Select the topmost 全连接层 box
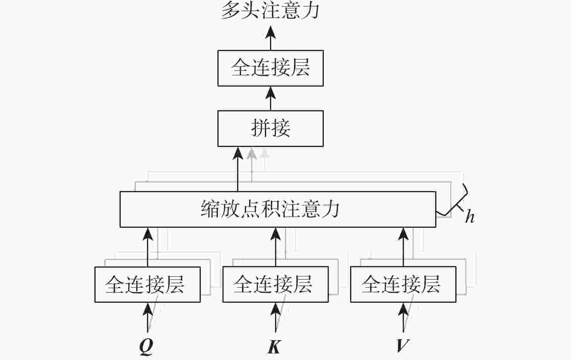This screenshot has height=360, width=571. (x=270, y=68)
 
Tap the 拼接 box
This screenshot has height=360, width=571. (x=270, y=128)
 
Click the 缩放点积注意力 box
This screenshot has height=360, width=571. (x=277, y=209)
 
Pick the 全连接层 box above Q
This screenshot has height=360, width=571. (x=147, y=284)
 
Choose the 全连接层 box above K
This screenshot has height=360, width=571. (x=275, y=284)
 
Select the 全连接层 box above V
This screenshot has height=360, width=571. (x=403, y=284)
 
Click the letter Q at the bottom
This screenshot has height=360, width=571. (x=146, y=346)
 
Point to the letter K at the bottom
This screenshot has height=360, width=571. (x=274, y=346)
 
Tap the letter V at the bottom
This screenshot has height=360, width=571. (x=402, y=345)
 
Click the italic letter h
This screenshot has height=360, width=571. (x=470, y=217)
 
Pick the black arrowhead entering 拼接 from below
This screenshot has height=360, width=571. (x=238, y=153)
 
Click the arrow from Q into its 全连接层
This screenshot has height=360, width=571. (x=147, y=317)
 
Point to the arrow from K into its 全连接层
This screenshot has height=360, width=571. (x=275, y=317)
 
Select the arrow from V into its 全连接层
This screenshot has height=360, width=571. (x=403, y=317)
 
